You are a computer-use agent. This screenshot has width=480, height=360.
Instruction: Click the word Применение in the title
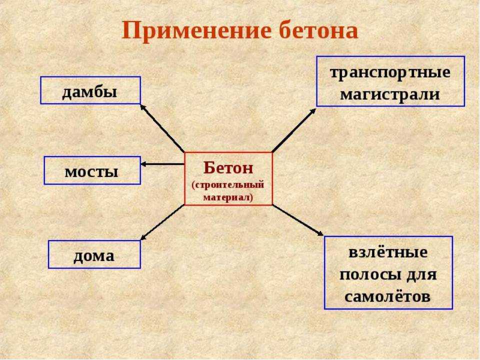(196, 30)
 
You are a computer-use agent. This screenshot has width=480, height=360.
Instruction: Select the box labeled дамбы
(90, 90)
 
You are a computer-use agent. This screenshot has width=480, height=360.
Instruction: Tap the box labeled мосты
(92, 170)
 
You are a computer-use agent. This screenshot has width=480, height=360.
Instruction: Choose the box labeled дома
(94, 254)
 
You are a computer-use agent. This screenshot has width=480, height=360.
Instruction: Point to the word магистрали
(390, 94)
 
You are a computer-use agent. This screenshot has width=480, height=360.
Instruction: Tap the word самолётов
(387, 296)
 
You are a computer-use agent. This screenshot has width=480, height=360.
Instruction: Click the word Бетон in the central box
(228, 167)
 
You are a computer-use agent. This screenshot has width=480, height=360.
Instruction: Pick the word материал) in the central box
(228, 197)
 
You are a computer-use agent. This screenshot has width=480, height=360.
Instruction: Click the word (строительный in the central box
(228, 185)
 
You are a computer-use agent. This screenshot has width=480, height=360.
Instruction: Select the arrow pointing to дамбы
(162, 128)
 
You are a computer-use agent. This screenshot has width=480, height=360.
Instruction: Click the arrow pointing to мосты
(162, 164)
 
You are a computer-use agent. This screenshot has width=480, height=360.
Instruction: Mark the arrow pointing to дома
(162, 222)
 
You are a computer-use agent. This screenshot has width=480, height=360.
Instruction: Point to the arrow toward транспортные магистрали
(294, 130)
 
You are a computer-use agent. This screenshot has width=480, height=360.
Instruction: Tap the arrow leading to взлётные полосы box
(298, 220)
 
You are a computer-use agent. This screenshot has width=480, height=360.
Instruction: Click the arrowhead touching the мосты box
(143, 164)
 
